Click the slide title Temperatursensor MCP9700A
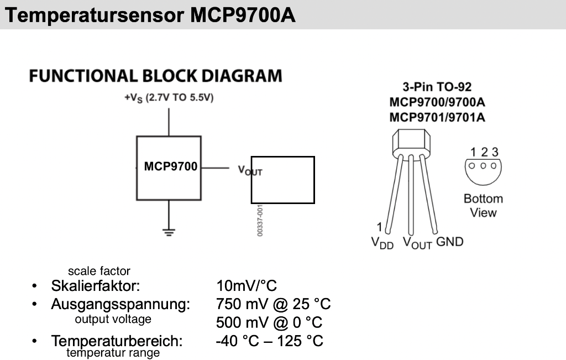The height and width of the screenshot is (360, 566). tap(150, 15)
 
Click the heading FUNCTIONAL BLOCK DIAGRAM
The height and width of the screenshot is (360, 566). tap(155, 76)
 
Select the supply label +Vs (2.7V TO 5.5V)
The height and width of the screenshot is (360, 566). tap(169, 98)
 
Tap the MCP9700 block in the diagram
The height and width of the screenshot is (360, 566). tap(169, 167)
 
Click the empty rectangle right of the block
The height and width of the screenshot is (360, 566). tap(282, 180)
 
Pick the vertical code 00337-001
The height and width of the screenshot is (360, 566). tap(260, 221)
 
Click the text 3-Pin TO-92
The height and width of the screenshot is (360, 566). tap(437, 87)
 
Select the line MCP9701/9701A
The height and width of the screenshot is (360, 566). tap(437, 117)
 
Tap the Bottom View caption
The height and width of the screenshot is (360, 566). tap(483, 206)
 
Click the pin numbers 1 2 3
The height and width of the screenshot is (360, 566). tap(484, 152)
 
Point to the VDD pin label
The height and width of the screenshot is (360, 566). tap(382, 243)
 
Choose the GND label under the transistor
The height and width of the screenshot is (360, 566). tap(450, 242)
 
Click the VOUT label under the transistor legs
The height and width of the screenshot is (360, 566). tap(417, 243)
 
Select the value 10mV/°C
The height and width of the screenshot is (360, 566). tap(247, 286)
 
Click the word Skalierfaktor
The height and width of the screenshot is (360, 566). tap(96, 286)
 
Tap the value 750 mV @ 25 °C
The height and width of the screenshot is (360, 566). tap(274, 305)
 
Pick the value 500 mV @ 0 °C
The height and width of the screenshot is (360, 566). tap(269, 322)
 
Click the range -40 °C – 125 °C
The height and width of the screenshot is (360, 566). tap(269, 341)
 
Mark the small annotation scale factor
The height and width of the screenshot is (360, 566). tap(99, 271)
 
